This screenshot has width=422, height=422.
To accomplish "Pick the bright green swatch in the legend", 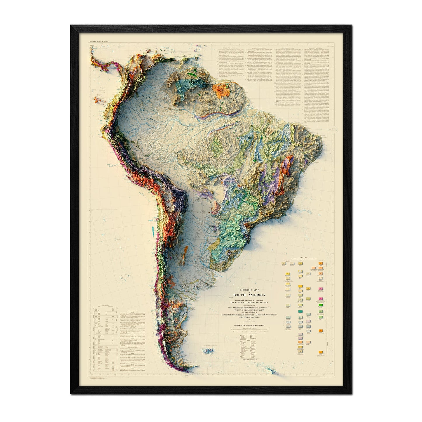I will (321, 305).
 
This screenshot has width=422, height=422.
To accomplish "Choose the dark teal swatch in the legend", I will (300, 312).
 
